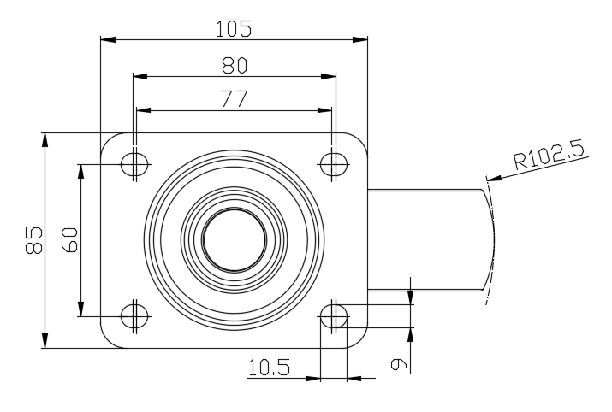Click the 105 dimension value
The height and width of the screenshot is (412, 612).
(x=234, y=28)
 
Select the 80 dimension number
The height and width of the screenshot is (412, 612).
(x=234, y=66)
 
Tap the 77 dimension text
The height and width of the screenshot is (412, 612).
(x=234, y=99)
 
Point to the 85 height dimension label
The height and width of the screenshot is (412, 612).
(x=33, y=241)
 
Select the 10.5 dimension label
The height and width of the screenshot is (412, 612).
(x=269, y=368)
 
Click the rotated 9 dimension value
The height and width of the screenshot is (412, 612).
(x=398, y=365)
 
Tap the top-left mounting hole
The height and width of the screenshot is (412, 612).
(x=134, y=164)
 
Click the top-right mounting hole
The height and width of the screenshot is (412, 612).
(x=335, y=164)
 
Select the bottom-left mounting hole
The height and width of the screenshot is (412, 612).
(x=134, y=315)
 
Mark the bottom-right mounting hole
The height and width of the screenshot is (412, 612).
(x=335, y=315)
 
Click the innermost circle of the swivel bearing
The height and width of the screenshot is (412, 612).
(x=235, y=240)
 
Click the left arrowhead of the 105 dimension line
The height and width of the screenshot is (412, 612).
(x=106, y=38)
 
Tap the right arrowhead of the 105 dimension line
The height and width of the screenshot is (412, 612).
(x=362, y=38)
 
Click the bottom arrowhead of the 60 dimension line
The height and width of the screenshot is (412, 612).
(x=81, y=309)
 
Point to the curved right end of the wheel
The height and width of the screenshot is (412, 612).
(x=494, y=240)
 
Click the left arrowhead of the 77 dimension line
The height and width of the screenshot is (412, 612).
(x=142, y=109)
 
